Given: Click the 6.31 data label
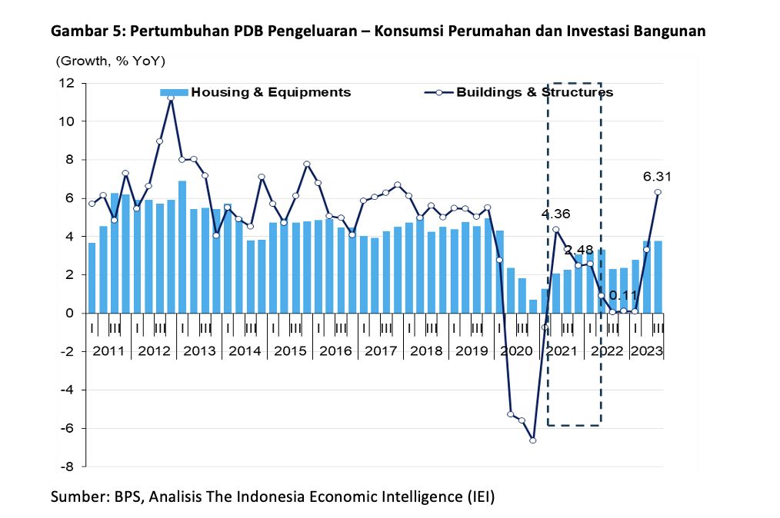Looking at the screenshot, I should click(657, 177).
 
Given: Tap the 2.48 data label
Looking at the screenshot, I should click(579, 250).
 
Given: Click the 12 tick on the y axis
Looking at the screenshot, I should click(67, 83).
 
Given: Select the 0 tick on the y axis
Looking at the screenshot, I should click(70, 314).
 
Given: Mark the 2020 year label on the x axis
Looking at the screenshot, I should click(515, 351).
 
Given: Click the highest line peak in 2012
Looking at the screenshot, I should click(171, 98).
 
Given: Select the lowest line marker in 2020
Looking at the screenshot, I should click(533, 440).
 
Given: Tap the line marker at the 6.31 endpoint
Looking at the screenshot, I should click(658, 192).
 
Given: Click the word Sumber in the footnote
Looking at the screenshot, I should click(75, 496).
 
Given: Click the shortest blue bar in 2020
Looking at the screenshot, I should click(533, 306).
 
